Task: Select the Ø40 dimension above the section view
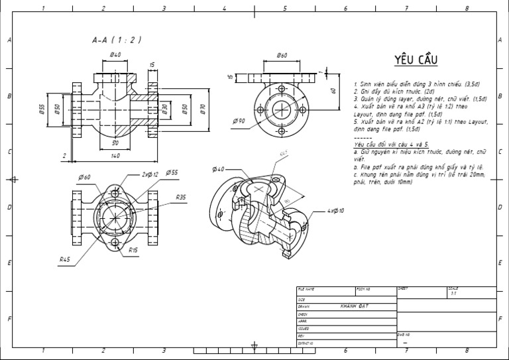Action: [115, 55]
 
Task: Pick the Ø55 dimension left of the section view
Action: [42, 109]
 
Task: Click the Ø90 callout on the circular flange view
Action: [239, 121]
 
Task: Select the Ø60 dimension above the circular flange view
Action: [282, 55]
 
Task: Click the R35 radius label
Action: [181, 197]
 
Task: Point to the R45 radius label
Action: [65, 259]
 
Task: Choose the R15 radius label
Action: [133, 250]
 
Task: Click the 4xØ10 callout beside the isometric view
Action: [336, 211]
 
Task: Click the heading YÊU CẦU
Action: [417, 60]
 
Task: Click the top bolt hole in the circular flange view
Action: [282, 89]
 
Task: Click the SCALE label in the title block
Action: [453, 288]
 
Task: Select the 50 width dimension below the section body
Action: [115, 143]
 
